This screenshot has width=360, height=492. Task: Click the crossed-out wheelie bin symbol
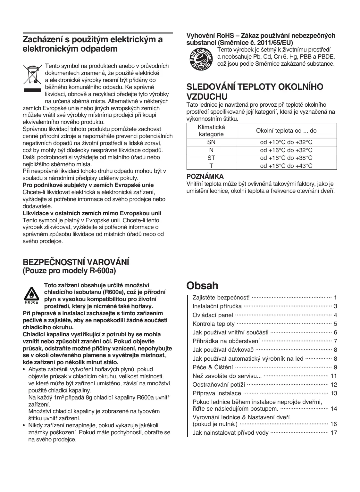[x=32, y=74]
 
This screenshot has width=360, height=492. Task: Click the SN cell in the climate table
[x=211, y=142]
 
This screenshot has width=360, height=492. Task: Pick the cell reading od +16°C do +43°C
[x=286, y=166]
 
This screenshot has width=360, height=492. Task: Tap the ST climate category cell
[x=211, y=158]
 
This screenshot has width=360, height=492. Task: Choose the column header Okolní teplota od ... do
[x=286, y=131]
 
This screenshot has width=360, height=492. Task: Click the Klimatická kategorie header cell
[x=211, y=131]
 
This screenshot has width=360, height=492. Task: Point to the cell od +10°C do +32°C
[x=286, y=142]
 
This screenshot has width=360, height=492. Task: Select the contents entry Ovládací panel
[x=213, y=315]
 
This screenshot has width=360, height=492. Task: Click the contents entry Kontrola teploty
[x=213, y=324]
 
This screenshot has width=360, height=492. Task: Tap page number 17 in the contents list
[x=333, y=433]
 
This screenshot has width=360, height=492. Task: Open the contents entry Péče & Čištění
[x=213, y=367]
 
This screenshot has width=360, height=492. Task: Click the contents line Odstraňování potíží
[x=218, y=384]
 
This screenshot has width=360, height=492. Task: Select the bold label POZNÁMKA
[x=205, y=176]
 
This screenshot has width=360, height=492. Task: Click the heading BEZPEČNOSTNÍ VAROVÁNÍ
[x=76, y=262]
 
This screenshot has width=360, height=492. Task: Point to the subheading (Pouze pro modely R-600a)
[x=69, y=271]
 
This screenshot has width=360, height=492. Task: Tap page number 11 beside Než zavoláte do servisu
[x=333, y=376]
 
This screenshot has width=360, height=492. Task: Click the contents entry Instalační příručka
[x=217, y=307]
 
